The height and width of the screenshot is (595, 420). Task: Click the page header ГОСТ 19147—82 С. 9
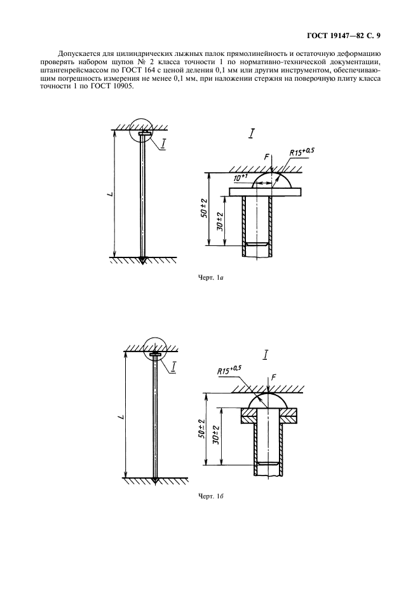pos(343,36)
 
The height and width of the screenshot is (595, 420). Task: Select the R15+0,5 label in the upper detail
pos(302,152)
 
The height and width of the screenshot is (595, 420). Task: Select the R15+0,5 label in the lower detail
pos(229,369)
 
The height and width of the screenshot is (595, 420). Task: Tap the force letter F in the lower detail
pos(274,377)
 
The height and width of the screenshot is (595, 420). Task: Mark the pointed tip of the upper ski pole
pos(142,263)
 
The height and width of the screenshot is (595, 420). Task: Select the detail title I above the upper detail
pos(251,134)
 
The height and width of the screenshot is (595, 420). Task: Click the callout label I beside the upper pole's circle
pos(163,144)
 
